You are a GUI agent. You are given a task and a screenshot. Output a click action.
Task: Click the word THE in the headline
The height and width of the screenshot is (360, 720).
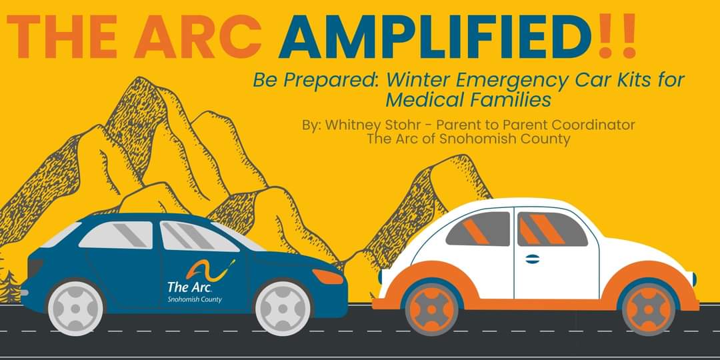click(63, 37)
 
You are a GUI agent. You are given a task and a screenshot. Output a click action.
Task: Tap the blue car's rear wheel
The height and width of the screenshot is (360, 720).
click(76, 307)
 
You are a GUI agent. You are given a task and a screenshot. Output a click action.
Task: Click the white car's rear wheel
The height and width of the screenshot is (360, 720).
click(648, 309)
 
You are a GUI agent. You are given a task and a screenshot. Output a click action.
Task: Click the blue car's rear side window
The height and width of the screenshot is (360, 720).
click(117, 235)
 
